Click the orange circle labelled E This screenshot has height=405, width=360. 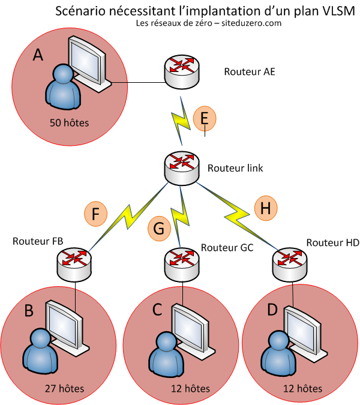(x=205, y=119)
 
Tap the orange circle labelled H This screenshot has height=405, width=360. (x=266, y=208)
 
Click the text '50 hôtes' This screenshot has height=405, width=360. (x=71, y=124)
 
